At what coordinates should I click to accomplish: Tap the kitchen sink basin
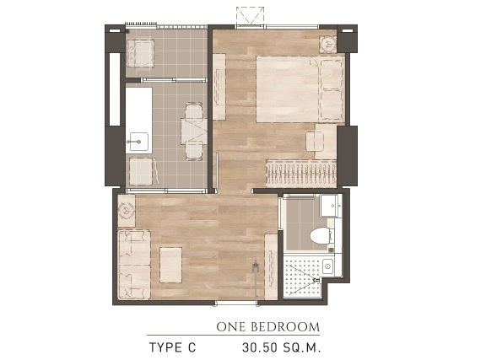[139, 142]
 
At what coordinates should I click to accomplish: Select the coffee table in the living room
[170, 265]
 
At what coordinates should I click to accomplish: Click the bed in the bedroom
[300, 89]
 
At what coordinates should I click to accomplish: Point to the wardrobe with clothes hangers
[301, 174]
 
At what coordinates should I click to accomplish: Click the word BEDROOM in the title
[285, 327]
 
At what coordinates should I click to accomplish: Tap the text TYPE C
[173, 347]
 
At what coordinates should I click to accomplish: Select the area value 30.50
[260, 347]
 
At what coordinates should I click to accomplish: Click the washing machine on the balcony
[140, 53]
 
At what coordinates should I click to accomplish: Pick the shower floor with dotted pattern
[302, 277]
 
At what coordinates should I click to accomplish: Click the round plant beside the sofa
[127, 211]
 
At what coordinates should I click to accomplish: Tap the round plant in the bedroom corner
[328, 44]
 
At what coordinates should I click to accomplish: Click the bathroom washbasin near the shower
[328, 266]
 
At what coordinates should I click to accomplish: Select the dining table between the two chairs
[194, 131]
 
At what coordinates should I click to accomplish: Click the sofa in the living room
[134, 265]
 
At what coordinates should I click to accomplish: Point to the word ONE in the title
[231, 327]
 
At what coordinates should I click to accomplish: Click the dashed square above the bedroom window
[250, 16]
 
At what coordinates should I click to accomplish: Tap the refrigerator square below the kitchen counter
[141, 171]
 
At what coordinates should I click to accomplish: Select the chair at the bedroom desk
[314, 142]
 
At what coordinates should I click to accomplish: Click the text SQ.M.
[301, 347]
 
